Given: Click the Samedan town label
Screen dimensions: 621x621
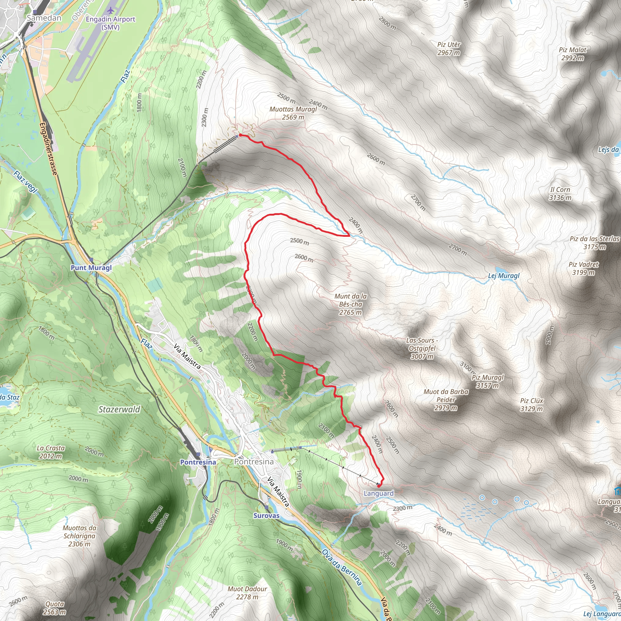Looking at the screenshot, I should pyautogui.click(x=44, y=18).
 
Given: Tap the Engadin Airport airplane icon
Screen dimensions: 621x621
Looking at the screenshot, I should pyautogui.click(x=111, y=11).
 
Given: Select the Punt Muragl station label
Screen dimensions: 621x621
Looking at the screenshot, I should pyautogui.click(x=91, y=268).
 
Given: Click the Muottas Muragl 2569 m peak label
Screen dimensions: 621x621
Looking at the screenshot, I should pyautogui.click(x=293, y=113).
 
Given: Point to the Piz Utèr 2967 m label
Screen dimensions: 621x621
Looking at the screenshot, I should pyautogui.click(x=449, y=49).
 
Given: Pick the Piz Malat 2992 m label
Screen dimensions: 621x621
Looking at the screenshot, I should pyautogui.click(x=572, y=54).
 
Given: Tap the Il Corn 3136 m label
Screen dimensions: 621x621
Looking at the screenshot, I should pyautogui.click(x=560, y=193).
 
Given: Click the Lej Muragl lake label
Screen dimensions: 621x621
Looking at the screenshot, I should pyautogui.click(x=504, y=276).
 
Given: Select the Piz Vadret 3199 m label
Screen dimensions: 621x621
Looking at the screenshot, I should pyautogui.click(x=583, y=268).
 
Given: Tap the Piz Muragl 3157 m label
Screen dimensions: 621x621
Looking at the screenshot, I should pyautogui.click(x=487, y=381).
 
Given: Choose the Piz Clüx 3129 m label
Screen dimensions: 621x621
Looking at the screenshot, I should pyautogui.click(x=532, y=405).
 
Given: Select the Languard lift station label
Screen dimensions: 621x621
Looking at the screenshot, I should pyautogui.click(x=378, y=493).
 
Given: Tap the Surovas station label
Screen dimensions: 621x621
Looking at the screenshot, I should pyautogui.click(x=267, y=516).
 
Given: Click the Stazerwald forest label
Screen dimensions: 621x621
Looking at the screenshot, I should pyautogui.click(x=119, y=409).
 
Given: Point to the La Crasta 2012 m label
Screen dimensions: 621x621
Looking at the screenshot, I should pyautogui.click(x=51, y=452).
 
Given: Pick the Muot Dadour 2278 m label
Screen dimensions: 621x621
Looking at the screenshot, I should pyautogui.click(x=247, y=593).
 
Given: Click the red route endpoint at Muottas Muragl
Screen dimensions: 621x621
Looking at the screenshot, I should pyautogui.click(x=240, y=135).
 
